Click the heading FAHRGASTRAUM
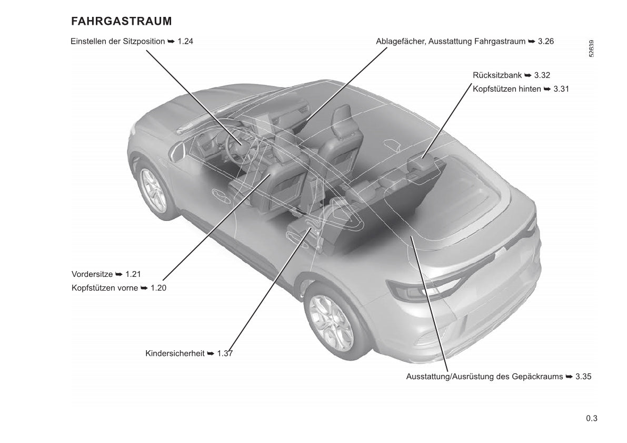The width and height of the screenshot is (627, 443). point(121,21)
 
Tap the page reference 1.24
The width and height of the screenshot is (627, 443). point(185,41)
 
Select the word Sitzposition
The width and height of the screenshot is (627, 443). point(145,42)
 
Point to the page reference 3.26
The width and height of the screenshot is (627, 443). point(546,41)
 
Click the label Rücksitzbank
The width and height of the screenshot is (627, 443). point(497,75)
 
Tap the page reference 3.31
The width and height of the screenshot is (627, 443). point(561,89)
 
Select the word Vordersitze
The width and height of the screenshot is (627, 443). point(92,274)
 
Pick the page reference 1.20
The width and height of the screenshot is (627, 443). point(158,288)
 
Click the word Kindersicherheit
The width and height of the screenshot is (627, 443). point(175,354)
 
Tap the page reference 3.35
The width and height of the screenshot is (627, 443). point(583,377)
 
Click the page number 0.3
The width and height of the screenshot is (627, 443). point(592,419)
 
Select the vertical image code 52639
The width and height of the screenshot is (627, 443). point(591,49)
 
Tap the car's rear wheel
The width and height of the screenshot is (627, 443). point(332,322)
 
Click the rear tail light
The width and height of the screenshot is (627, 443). point(424,290)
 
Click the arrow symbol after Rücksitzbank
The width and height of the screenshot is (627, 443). point(528,75)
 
